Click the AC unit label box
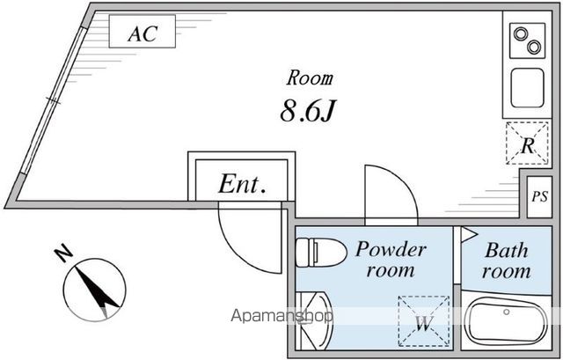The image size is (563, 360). (x=143, y=32)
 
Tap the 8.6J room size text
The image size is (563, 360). (x=308, y=110)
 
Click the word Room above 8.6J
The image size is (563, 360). (x=310, y=77)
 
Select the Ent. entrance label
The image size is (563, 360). (x=243, y=184)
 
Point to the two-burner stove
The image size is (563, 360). (x=528, y=40)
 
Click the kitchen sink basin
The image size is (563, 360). (x=527, y=88)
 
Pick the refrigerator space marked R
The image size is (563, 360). (x=527, y=143)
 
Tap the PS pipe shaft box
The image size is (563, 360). (x=539, y=196)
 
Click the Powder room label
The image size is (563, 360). (x=391, y=260)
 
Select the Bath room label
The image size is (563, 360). (x=507, y=261)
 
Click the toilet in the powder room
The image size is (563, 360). (x=321, y=253)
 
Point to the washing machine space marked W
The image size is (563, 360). (x=424, y=321)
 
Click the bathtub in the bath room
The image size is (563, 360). (x=506, y=321)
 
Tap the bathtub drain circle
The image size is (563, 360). (x=507, y=312)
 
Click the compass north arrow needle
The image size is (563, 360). (x=97, y=289)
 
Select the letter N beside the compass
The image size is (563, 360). (x=63, y=253)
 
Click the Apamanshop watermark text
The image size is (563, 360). (x=281, y=316)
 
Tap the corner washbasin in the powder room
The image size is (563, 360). (x=313, y=320)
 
